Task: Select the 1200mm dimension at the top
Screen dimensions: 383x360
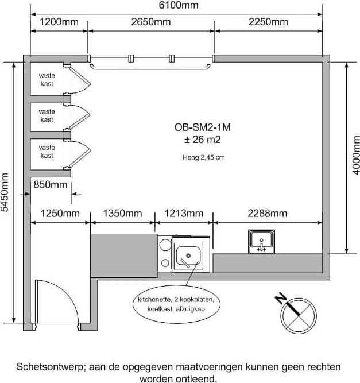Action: pyautogui.click(x=58, y=22)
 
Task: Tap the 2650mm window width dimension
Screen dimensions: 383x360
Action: pyautogui.click(x=151, y=22)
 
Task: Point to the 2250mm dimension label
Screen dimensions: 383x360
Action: pyautogui.click(x=268, y=22)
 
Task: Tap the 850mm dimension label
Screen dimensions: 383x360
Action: pyautogui.click(x=51, y=185)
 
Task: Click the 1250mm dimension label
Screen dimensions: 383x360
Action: pyautogui.click(x=60, y=214)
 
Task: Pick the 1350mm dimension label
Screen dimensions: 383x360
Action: pyautogui.click(x=122, y=214)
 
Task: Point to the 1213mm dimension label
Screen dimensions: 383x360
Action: pyautogui.click(x=184, y=214)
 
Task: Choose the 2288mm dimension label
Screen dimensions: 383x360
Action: pyautogui.click(x=267, y=214)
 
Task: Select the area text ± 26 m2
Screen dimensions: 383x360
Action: pyautogui.click(x=198, y=140)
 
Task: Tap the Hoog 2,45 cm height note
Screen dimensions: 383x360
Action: pyautogui.click(x=200, y=157)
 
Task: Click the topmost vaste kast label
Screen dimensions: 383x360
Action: pyautogui.click(x=47, y=80)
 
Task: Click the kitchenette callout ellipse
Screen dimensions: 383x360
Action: pyautogui.click(x=175, y=304)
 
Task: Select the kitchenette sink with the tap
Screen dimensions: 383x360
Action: pyautogui.click(x=188, y=256)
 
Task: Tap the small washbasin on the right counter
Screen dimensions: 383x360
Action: pyautogui.click(x=261, y=241)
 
